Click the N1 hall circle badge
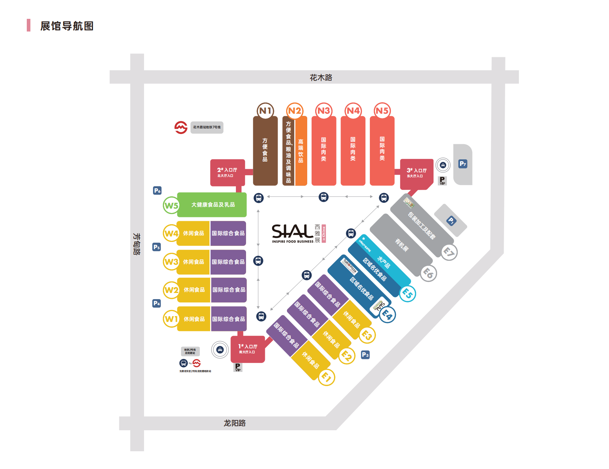click(x=265, y=111)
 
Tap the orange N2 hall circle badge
click(x=295, y=111)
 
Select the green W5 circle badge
click(x=171, y=205)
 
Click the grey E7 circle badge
click(x=449, y=252)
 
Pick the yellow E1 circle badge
click(x=326, y=377)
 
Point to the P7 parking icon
click(x=463, y=164)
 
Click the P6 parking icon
click(x=157, y=190)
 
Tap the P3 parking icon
click(x=365, y=355)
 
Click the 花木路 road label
click(x=321, y=78)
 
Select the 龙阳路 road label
click(x=234, y=423)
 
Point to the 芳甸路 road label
click(x=137, y=244)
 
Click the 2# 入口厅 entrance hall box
click(x=228, y=172)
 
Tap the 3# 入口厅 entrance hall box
click(x=416, y=173)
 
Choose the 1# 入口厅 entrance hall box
click(x=248, y=349)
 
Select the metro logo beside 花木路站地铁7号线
click(x=181, y=127)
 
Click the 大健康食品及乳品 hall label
click(x=213, y=205)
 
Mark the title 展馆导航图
click(x=67, y=26)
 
